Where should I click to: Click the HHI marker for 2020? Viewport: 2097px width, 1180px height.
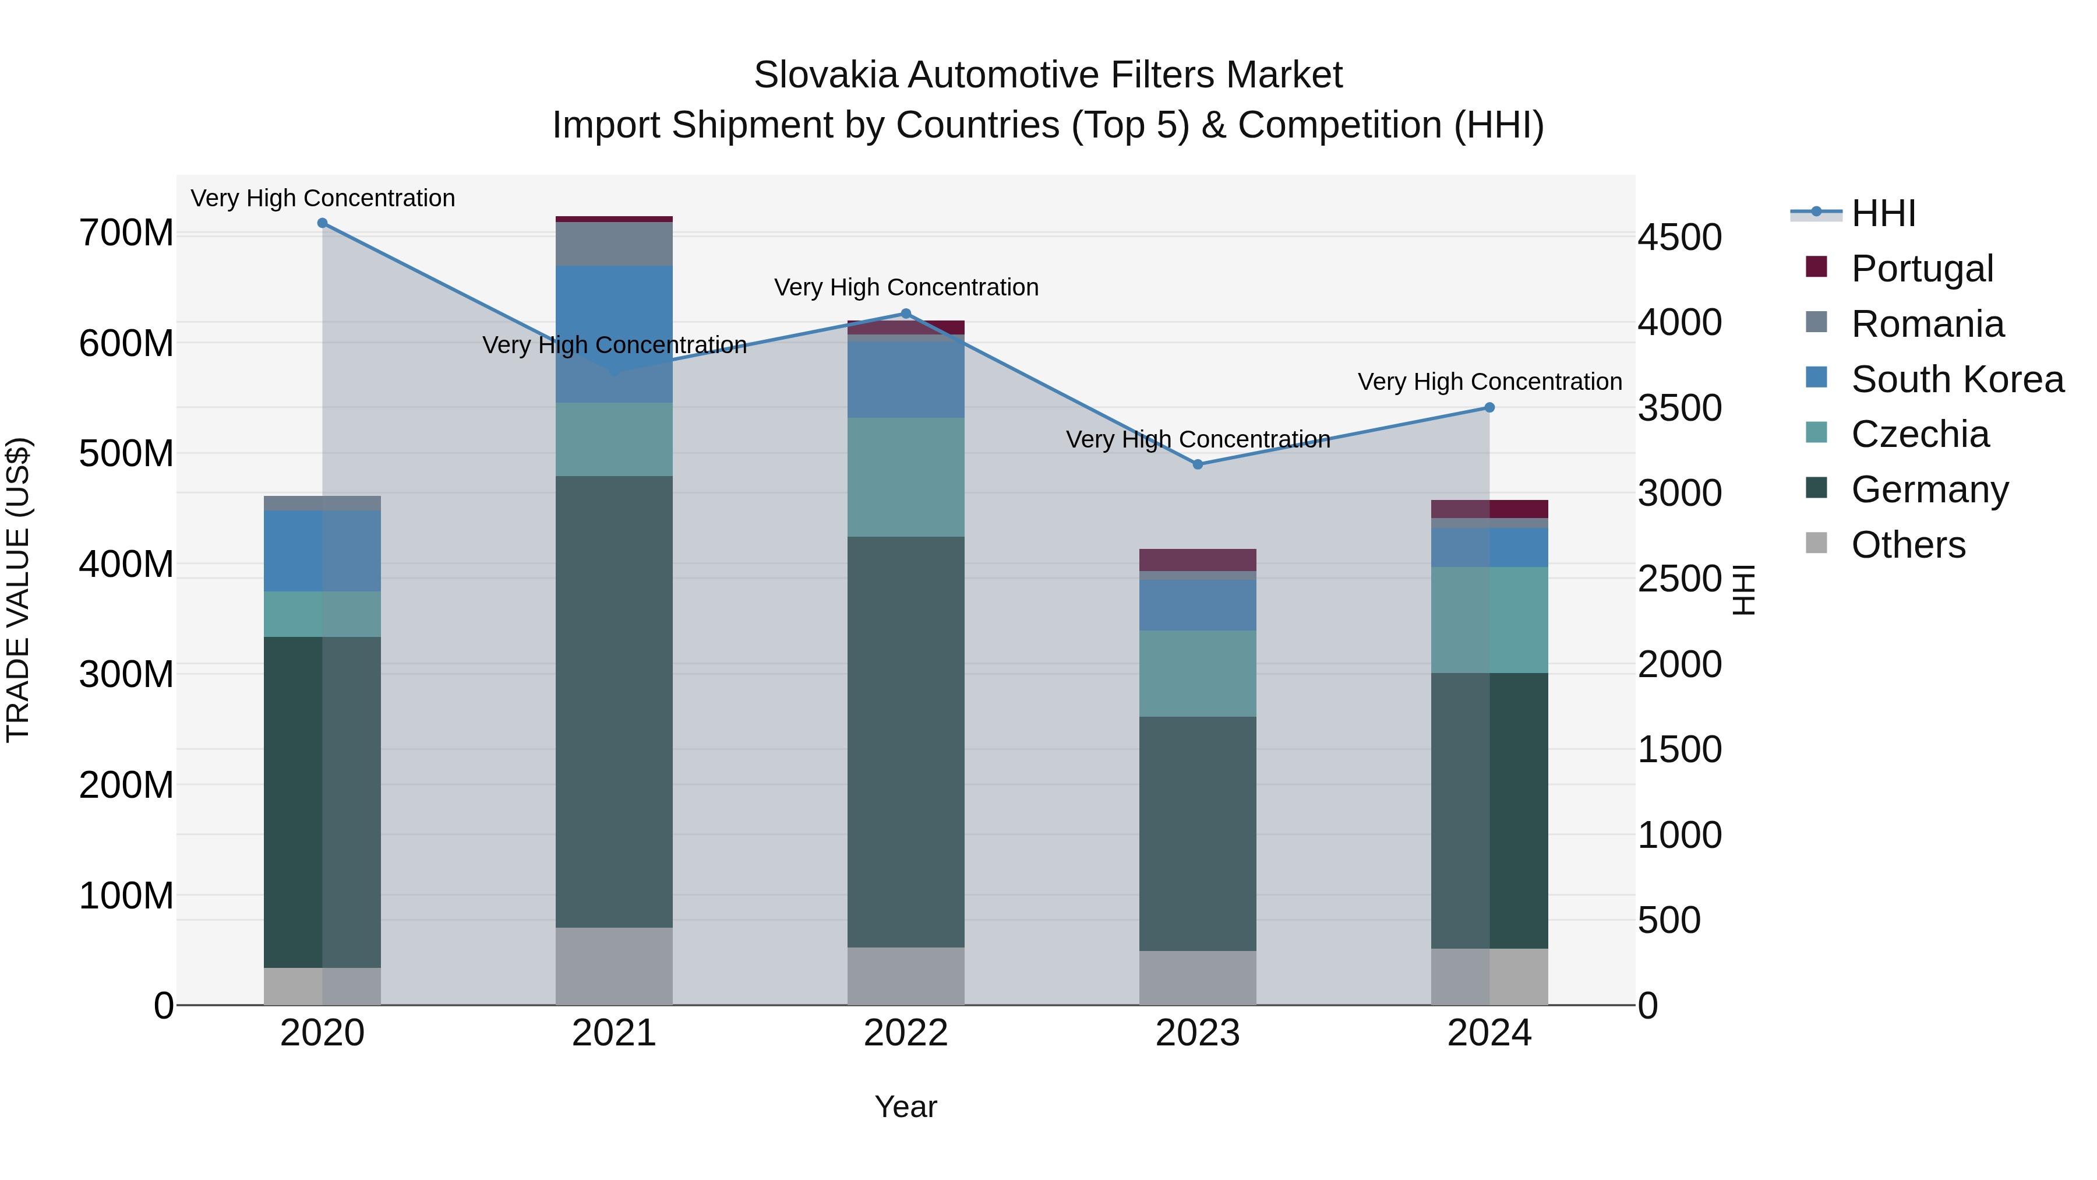(x=322, y=223)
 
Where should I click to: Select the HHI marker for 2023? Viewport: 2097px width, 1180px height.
(x=1198, y=464)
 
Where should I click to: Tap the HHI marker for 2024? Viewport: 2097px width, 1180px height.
(x=1489, y=407)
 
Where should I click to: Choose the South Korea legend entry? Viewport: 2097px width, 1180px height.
(x=1957, y=379)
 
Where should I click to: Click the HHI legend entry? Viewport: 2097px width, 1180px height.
(x=1882, y=213)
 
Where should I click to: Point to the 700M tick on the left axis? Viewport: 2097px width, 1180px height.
(x=126, y=234)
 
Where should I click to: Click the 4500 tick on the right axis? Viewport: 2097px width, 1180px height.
(x=1679, y=238)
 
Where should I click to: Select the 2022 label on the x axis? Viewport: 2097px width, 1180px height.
(x=905, y=1033)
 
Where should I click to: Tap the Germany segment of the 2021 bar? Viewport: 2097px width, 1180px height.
(x=614, y=700)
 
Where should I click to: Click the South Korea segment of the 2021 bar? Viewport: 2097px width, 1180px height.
(x=614, y=334)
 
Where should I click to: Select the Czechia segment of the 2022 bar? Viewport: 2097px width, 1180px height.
(x=905, y=477)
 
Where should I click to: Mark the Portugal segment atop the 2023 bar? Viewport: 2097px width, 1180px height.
(x=1198, y=559)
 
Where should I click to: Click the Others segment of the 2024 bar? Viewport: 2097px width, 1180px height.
(x=1489, y=977)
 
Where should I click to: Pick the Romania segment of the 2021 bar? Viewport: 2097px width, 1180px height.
(x=614, y=244)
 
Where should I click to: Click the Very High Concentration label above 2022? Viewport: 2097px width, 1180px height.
(x=906, y=287)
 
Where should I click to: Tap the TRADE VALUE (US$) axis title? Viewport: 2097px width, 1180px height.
(x=19, y=590)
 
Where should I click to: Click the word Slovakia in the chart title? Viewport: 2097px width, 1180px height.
(x=825, y=75)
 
